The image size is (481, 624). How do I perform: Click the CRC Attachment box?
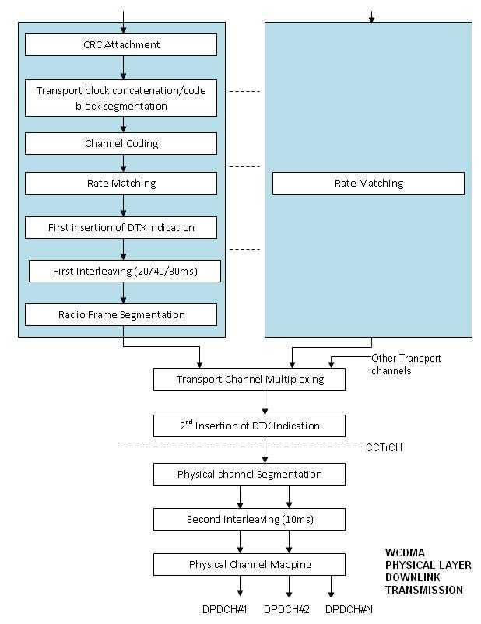(121, 45)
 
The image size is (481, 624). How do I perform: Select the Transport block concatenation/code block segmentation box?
(121, 98)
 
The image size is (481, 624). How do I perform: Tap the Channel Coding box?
(121, 144)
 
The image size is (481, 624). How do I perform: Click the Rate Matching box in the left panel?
(121, 184)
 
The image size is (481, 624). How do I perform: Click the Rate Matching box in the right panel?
(368, 184)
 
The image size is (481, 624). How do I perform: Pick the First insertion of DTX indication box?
(121, 228)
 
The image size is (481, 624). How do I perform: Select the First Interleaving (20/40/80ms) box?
(125, 272)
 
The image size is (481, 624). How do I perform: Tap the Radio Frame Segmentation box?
(121, 315)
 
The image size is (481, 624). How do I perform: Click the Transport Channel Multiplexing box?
(249, 380)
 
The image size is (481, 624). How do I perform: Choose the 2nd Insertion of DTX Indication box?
(249, 426)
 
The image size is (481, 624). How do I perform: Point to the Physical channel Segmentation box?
(249, 474)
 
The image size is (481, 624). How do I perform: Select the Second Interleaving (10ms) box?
(249, 519)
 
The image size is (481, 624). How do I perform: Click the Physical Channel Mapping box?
(249, 564)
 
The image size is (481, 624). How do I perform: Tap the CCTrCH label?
(384, 448)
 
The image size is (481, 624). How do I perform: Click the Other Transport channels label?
(406, 364)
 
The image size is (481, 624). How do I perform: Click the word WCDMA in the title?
(406, 553)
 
